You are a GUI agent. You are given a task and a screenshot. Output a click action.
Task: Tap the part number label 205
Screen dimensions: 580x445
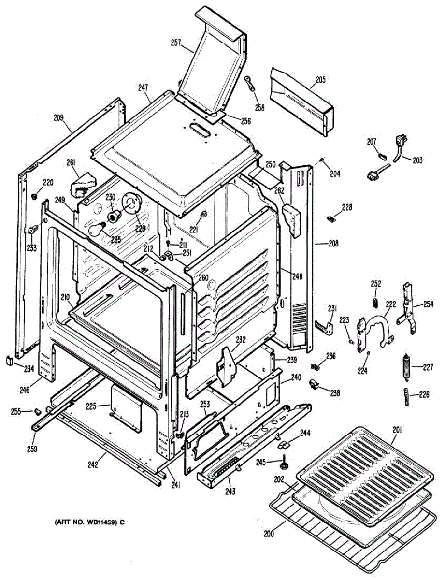(x=321, y=79)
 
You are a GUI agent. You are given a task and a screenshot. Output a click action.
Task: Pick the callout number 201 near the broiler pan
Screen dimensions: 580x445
(x=398, y=430)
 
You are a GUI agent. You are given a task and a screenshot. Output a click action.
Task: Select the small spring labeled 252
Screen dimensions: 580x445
(x=374, y=301)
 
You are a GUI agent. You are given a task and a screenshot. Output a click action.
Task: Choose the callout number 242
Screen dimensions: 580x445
(x=93, y=465)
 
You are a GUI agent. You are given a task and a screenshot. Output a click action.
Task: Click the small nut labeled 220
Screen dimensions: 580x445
(x=34, y=197)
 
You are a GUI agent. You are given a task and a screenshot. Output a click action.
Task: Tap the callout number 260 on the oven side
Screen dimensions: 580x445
(x=203, y=278)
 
